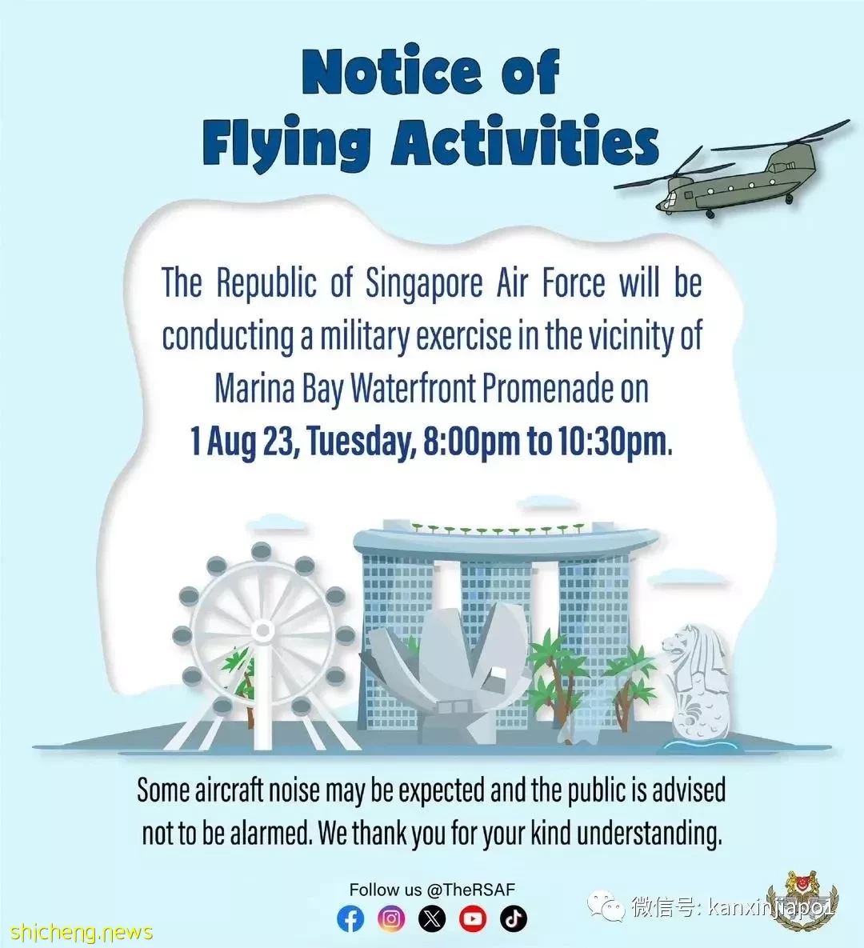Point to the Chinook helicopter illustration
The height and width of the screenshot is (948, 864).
tap(731, 172)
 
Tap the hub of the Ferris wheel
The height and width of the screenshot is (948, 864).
tap(262, 631)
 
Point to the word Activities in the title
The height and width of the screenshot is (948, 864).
tap(525, 140)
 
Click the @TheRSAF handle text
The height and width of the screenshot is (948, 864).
tap(470, 890)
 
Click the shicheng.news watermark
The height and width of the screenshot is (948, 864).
tap(81, 932)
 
